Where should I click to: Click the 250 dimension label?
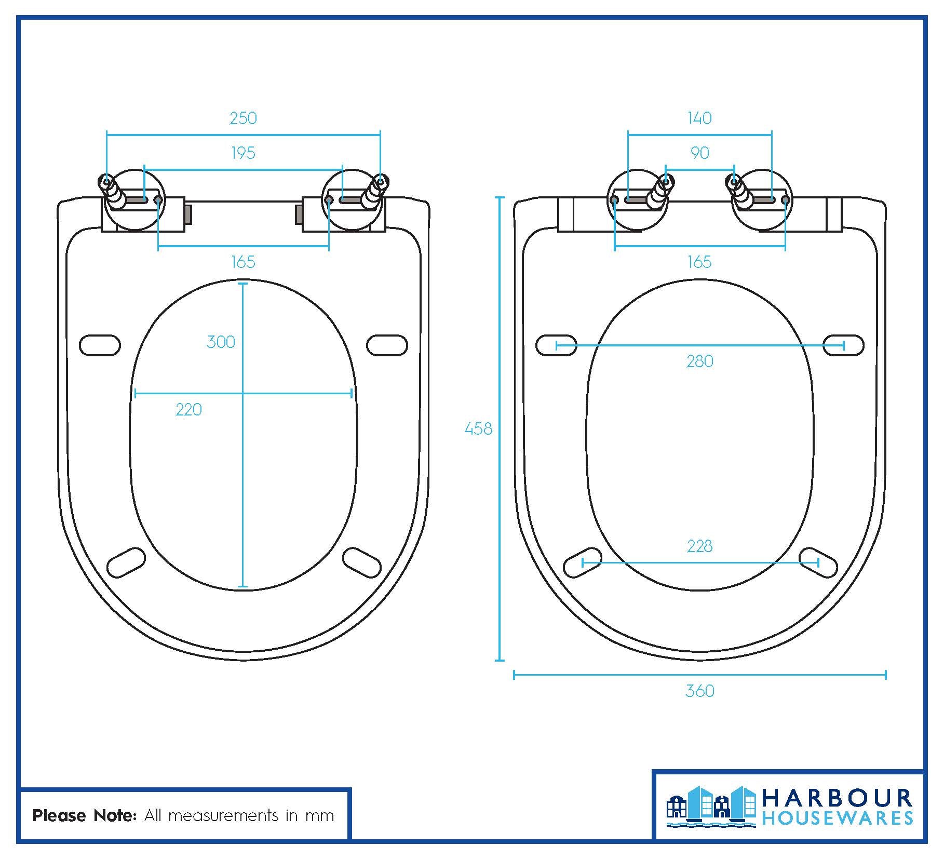(243, 118)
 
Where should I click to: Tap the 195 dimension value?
(243, 153)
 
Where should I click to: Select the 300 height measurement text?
(221, 342)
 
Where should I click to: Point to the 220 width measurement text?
(188, 410)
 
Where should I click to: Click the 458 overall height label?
(478, 428)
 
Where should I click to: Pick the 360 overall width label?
(699, 691)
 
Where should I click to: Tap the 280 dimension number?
(699, 361)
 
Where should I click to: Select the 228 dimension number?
(699, 546)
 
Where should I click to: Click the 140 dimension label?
(699, 118)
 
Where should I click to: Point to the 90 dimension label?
(699, 153)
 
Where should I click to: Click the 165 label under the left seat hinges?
(243, 262)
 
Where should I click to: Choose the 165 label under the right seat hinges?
(699, 262)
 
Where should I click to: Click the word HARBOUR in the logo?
(837, 798)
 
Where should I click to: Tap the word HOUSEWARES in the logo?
(837, 819)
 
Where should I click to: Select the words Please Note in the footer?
(84, 816)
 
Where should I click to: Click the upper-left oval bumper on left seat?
(100, 345)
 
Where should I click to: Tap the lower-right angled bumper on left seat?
(362, 562)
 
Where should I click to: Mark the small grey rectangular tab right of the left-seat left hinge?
(188, 214)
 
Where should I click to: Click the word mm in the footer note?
(319, 816)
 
